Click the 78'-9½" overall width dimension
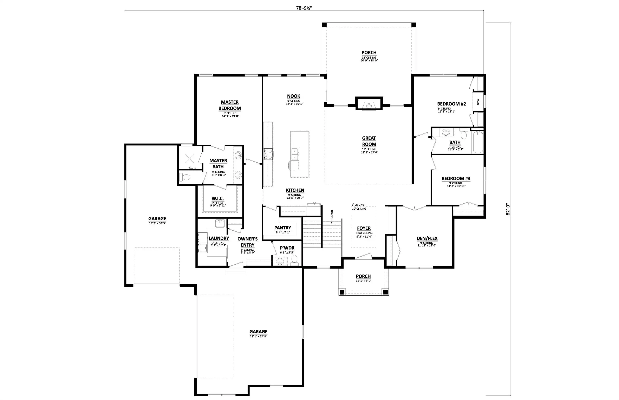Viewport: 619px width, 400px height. click(x=304, y=8)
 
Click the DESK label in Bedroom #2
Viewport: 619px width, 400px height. click(x=478, y=102)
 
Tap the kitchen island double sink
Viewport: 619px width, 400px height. click(x=295, y=154)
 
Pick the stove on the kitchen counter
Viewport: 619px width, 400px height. click(x=268, y=154)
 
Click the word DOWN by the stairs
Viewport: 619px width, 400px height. click(x=332, y=214)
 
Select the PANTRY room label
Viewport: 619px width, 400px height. click(x=283, y=228)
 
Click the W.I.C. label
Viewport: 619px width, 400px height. click(x=218, y=199)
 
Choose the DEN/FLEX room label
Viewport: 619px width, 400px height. click(x=427, y=238)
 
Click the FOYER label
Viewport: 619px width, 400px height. click(x=364, y=228)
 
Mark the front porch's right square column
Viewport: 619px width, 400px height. click(x=385, y=292)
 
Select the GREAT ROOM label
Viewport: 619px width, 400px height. click(x=369, y=141)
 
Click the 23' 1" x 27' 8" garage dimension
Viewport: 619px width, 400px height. click(x=259, y=336)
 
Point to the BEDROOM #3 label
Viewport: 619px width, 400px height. click(x=456, y=179)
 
